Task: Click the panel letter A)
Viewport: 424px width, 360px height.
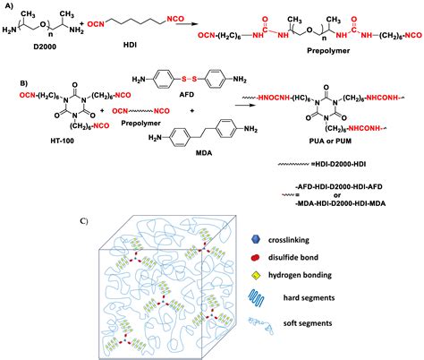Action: (8, 6)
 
